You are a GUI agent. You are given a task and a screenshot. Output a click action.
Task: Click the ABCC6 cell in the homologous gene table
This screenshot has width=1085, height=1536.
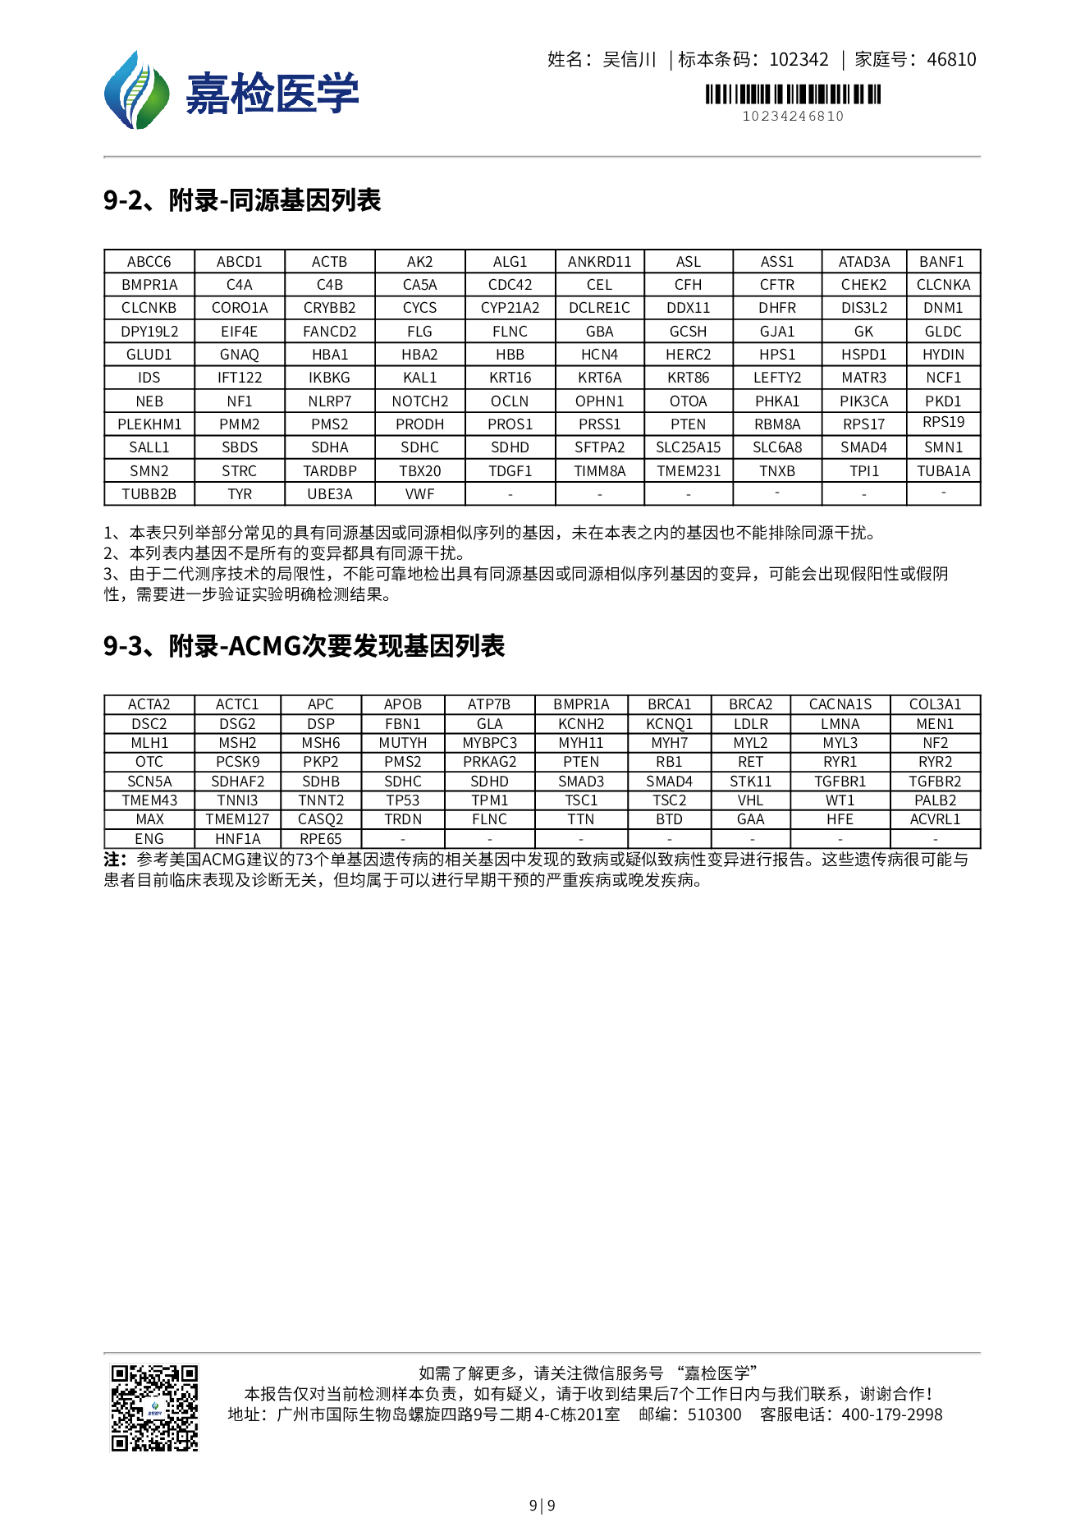149,262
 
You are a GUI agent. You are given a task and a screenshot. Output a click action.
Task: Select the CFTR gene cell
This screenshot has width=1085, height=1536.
776,285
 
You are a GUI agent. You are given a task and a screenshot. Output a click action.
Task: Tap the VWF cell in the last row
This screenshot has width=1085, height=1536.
419,494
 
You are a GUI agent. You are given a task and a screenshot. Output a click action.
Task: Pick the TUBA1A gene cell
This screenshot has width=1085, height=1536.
943,471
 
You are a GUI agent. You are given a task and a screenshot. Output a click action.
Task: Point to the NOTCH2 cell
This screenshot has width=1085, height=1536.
419,401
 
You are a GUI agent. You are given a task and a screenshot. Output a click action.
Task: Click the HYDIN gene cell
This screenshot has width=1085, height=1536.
943,355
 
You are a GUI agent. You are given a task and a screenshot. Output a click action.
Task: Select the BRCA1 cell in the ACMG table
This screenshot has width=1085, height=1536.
669,704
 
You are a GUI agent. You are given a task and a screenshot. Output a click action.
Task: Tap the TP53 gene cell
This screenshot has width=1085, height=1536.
402,800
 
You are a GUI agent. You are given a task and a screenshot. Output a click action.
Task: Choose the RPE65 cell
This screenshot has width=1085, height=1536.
320,839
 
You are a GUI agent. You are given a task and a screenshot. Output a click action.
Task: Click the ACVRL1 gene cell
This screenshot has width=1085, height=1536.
935,819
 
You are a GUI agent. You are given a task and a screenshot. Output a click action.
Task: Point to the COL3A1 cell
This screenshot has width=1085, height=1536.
935,704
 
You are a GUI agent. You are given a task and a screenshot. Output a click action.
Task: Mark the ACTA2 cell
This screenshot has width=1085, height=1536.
149,704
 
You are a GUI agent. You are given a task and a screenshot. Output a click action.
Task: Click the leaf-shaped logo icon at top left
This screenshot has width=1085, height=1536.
136,91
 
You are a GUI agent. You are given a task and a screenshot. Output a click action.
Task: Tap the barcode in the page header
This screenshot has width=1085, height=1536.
793,94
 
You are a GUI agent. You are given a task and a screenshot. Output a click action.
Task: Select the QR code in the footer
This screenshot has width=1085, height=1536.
155,1407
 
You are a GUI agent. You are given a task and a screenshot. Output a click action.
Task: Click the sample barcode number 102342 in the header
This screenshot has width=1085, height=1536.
799,59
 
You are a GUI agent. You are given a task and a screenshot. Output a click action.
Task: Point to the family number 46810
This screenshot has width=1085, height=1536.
951,59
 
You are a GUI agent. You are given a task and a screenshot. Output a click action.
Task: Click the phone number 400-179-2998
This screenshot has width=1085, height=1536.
892,1414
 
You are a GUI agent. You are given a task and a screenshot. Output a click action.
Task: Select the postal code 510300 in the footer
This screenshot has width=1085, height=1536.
714,1414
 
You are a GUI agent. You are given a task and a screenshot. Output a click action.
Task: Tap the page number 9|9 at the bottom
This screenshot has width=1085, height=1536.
542,1505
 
